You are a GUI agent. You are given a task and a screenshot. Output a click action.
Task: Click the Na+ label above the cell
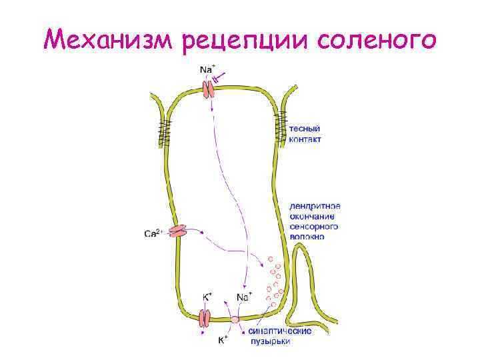(208, 69)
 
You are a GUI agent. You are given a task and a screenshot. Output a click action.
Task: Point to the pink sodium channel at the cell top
(209, 87)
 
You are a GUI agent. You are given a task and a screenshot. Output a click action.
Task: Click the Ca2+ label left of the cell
(153, 233)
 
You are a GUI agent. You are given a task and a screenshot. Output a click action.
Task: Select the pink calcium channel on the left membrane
(177, 231)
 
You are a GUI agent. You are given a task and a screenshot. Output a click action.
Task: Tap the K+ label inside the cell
(207, 295)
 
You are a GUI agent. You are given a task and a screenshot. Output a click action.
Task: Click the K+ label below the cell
(225, 340)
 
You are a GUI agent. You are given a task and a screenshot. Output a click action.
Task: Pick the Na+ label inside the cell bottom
(245, 295)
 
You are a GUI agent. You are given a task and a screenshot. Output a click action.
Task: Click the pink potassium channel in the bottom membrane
(205, 319)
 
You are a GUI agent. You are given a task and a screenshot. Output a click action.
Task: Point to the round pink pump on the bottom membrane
(234, 320)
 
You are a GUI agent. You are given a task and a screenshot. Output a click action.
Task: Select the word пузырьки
(270, 341)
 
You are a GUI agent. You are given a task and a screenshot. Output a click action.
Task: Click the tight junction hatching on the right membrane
(281, 127)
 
